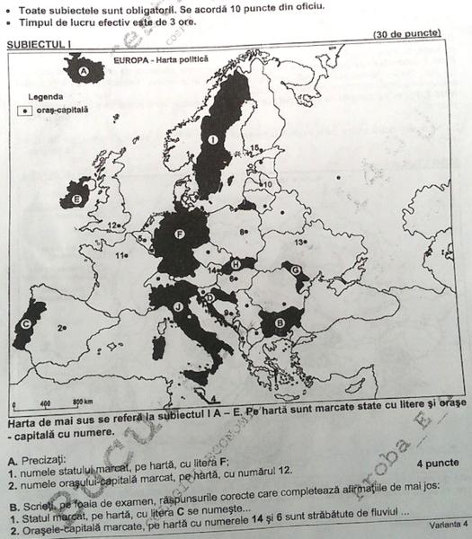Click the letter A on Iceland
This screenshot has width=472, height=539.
point(84,70)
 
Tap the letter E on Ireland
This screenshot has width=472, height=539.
point(77,198)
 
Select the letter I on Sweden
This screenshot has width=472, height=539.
point(212,141)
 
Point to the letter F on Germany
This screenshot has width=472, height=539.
point(180,235)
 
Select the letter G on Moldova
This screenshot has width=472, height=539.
point(296,269)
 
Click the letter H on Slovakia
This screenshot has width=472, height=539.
point(236,264)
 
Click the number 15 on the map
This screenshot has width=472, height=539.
point(255,147)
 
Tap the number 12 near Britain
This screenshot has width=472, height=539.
point(113,225)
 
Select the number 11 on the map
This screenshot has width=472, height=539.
point(120,254)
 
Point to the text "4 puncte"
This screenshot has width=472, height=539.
point(439,464)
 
